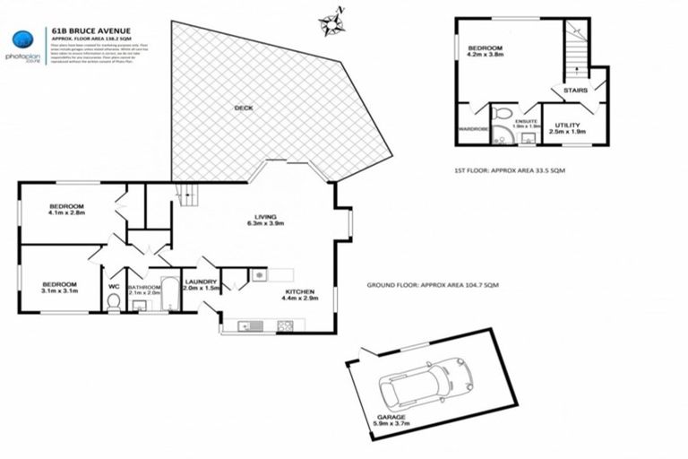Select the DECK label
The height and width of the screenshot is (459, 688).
coord(244,108)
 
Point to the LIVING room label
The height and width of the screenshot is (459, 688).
coord(265,216)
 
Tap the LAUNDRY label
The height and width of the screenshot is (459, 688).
coord(201,282)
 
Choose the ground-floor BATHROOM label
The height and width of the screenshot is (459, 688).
coord(143,285)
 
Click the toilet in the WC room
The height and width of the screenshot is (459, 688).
coord(114,303)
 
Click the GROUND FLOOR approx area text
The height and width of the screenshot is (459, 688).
coord(433,284)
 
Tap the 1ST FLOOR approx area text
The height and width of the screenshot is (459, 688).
coord(510,169)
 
